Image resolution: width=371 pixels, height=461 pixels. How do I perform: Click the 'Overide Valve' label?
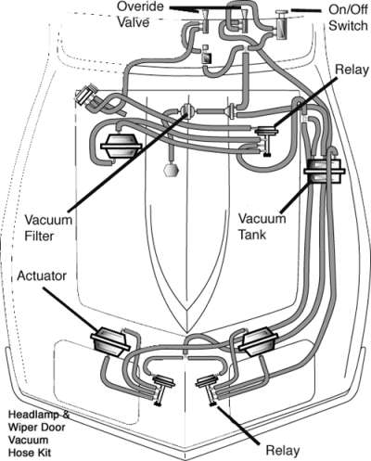click(140, 15)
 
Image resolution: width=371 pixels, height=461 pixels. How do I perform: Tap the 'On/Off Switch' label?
click(348, 18)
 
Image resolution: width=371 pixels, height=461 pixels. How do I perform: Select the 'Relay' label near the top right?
click(352, 70)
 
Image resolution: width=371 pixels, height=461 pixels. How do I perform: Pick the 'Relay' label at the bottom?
click(283, 450)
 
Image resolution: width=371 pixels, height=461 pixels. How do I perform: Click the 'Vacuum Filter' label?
click(48, 228)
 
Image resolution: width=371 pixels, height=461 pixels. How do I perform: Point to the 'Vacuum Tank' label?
click(262, 226)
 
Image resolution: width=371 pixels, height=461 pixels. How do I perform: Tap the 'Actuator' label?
click(42, 275)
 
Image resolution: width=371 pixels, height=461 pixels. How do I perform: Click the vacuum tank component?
click(324, 172)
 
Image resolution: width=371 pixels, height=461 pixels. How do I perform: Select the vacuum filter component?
click(187, 111)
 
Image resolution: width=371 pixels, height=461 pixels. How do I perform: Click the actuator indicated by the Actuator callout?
click(109, 342)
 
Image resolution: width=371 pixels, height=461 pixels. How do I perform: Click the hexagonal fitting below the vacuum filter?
click(172, 170)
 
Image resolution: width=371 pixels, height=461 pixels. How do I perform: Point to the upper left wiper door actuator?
click(121, 147)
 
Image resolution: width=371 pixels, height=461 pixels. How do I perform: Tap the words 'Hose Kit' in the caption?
click(30, 453)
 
